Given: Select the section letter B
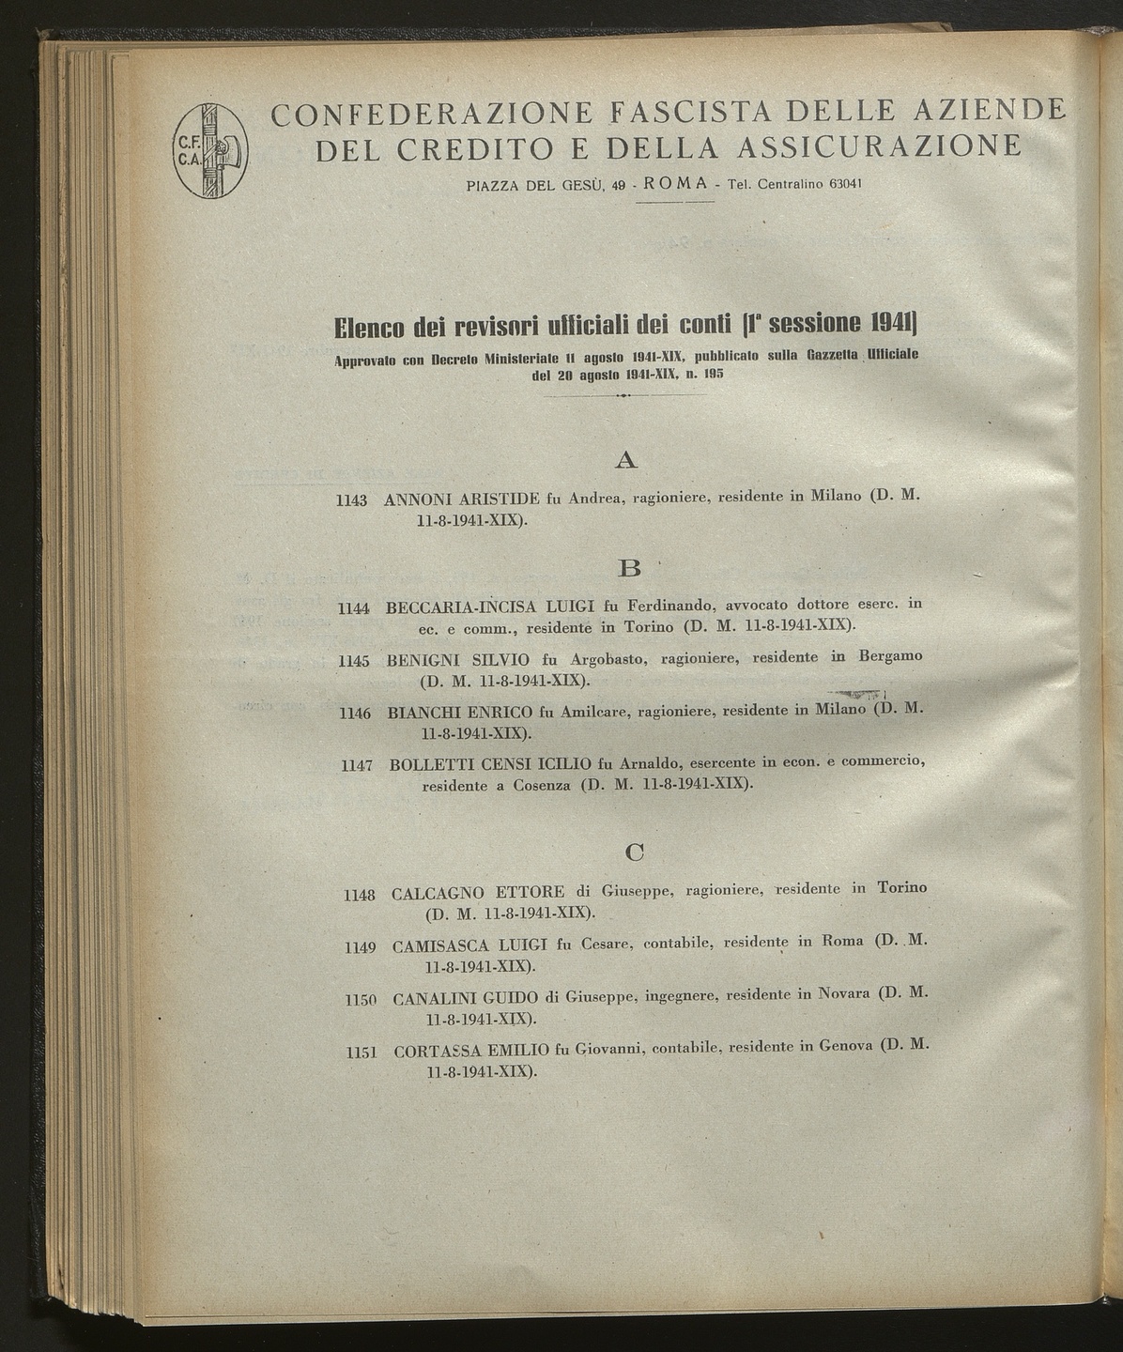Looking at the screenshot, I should [629, 569].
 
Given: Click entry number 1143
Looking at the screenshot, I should [351, 501].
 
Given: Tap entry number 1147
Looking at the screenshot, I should [358, 766].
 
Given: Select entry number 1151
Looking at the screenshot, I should [362, 1052].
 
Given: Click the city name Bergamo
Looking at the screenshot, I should [886, 656].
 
